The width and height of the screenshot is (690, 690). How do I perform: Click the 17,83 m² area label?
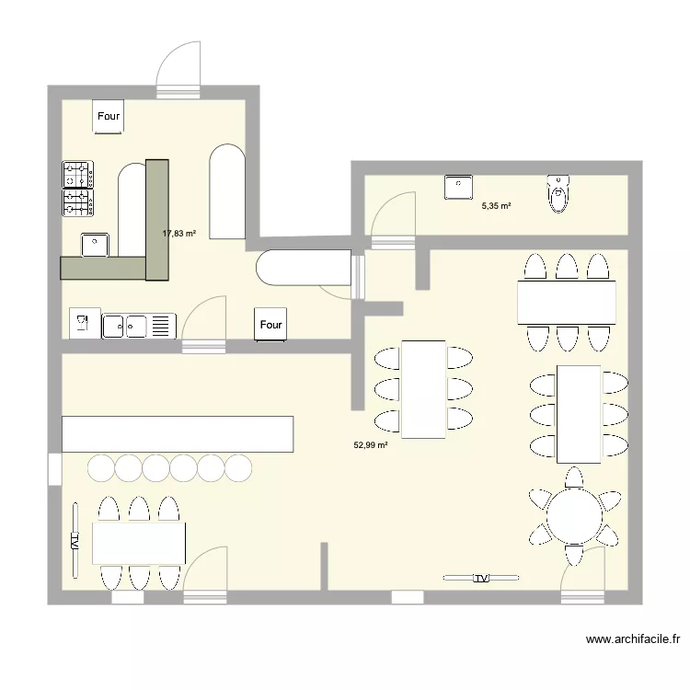[179, 234]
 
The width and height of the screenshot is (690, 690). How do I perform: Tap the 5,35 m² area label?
[497, 205]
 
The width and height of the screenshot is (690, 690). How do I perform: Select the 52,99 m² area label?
[371, 445]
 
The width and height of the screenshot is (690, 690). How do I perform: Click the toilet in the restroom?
[558, 193]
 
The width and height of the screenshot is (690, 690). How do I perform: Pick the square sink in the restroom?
[458, 187]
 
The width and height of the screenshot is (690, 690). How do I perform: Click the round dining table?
[574, 516]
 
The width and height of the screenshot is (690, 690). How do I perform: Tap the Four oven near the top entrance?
[109, 116]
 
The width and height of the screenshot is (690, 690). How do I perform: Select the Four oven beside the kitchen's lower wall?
[270, 325]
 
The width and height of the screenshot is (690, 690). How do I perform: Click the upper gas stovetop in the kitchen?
[78, 175]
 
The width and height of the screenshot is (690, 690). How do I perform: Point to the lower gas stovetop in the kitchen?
[78, 203]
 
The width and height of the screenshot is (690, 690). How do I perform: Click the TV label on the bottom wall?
[481, 578]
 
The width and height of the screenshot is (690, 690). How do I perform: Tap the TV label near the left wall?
[75, 541]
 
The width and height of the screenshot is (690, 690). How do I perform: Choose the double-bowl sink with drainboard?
[139, 326]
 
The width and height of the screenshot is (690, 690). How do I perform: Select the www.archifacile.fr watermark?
[633, 639]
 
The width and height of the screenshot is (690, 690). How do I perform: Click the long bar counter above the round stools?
[178, 434]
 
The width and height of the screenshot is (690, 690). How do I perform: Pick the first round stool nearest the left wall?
[101, 467]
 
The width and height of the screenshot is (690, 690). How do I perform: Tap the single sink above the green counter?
[95, 245]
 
